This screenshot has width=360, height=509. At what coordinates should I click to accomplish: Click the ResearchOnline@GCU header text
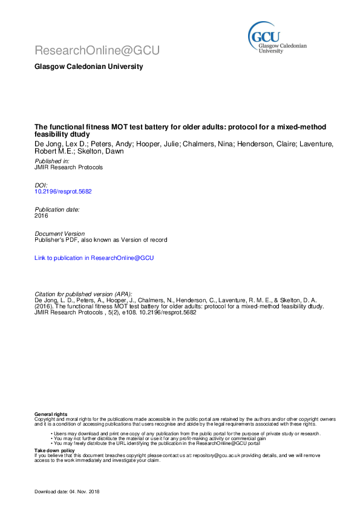(97, 51)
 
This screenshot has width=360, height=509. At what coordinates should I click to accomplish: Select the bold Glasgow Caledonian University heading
(88, 66)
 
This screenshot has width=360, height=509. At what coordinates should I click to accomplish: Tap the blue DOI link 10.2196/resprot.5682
(63, 191)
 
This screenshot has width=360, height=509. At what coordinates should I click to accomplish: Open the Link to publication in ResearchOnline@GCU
(94, 258)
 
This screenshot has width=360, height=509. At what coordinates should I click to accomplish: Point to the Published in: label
(52, 161)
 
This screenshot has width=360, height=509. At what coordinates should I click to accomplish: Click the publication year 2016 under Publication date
(41, 215)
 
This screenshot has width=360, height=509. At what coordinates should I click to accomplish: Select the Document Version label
(60, 233)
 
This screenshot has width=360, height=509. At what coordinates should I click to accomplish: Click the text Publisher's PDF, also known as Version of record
(100, 239)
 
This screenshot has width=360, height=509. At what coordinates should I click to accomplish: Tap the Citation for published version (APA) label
(83, 293)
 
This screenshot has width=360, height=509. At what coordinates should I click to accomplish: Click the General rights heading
(51, 414)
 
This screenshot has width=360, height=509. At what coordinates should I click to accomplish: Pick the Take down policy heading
(54, 450)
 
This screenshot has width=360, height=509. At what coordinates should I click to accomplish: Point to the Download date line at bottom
(67, 492)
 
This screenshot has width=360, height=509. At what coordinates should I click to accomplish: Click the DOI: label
(41, 185)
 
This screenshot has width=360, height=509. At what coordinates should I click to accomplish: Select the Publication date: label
(57, 209)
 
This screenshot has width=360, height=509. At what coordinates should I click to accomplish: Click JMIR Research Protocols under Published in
(68, 167)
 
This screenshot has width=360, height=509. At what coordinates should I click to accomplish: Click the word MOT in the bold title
(120, 127)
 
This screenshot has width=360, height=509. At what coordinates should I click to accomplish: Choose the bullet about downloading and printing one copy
(186, 433)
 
